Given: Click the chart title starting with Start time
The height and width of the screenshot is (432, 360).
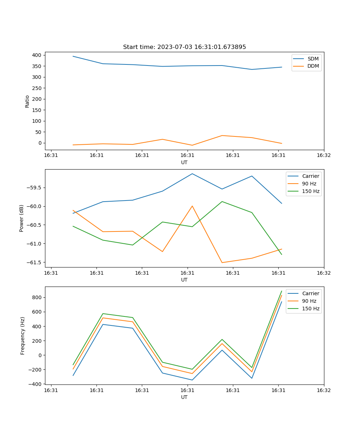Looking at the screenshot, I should pos(184,47).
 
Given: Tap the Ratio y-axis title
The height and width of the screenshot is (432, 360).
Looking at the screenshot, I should pos(27,101).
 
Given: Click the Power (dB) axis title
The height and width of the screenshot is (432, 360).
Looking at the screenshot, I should pos(22,218).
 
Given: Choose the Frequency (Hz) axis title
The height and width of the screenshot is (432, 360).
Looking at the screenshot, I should pos(23,336).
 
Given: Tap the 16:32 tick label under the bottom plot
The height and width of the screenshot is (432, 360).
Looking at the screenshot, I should pos(324,390).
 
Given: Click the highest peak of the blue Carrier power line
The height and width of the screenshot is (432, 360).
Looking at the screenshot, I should pos(192,174).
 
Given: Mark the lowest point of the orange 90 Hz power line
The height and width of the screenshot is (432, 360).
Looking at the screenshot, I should pos(222,262).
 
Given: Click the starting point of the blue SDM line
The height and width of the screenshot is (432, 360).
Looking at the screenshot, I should pos(73,56).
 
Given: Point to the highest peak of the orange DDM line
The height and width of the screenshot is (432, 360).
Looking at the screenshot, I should pos(222,135).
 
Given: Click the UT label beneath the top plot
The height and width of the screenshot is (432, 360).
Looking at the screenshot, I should pos(184,162).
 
